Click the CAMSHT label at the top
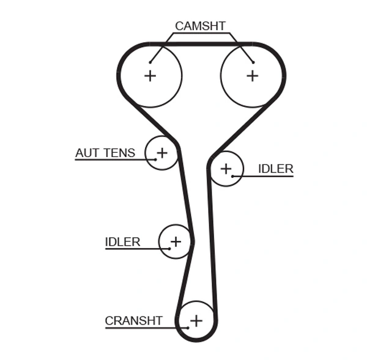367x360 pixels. (x=200, y=26)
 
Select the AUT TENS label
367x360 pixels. (x=105, y=153)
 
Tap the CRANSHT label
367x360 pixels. (x=133, y=321)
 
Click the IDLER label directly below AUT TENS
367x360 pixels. (x=122, y=242)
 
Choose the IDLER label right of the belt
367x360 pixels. (x=275, y=169)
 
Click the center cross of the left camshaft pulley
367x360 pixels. (x=150, y=75)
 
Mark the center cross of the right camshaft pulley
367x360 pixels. (x=252, y=75)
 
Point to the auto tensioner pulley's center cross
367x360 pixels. (x=162, y=152)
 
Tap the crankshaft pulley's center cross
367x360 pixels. (x=196, y=320)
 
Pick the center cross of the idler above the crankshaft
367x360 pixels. (x=176, y=241)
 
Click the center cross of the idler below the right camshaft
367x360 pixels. (x=226, y=168)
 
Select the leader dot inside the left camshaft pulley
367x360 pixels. (x=149, y=61)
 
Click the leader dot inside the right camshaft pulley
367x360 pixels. (x=252, y=61)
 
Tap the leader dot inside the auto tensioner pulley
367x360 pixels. (x=155, y=160)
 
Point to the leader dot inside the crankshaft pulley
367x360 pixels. (x=188, y=328)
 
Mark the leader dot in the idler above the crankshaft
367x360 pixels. (x=169, y=249)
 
